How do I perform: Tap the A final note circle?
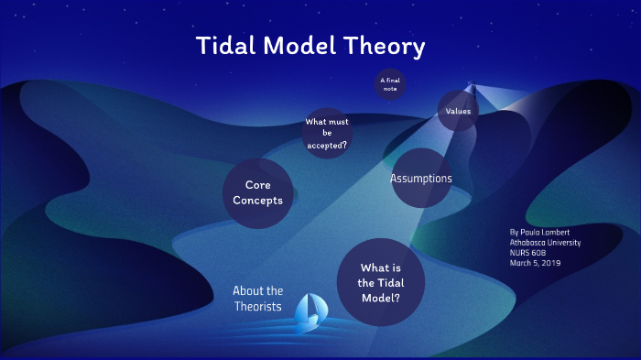tap(389, 84)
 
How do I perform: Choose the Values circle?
tap(458, 111)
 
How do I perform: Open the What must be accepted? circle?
tap(327, 133)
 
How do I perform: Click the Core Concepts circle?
tap(257, 192)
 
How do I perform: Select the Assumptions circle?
tap(421, 178)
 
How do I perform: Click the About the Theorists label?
tap(257, 299)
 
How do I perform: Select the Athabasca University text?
tap(545, 243)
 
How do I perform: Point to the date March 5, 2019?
tap(536, 263)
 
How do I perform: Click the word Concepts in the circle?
tap(257, 201)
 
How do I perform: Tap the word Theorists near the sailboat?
tap(257, 307)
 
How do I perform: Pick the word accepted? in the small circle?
tap(327, 145)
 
